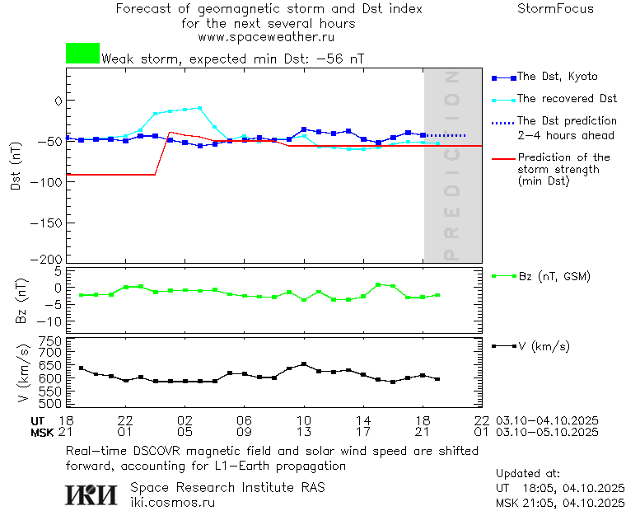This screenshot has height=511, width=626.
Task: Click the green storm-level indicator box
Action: pos(82,54)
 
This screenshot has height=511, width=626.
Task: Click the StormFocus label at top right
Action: pos(555,9)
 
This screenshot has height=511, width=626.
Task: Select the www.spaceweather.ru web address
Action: pos(265,37)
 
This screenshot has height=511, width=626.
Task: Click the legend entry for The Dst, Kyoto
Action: pos(557,77)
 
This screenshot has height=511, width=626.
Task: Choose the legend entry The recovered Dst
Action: pos(567,99)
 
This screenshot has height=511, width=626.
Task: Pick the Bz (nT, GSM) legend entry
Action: pos(554,276)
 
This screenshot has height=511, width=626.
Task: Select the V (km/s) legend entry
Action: pos(543,346)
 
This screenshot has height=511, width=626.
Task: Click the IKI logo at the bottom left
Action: pos(91,495)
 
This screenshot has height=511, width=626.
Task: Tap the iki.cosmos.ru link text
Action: pos(172,502)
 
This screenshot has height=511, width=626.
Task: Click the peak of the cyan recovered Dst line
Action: pos(199,107)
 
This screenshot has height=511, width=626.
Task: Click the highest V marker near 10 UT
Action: pos(304,363)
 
